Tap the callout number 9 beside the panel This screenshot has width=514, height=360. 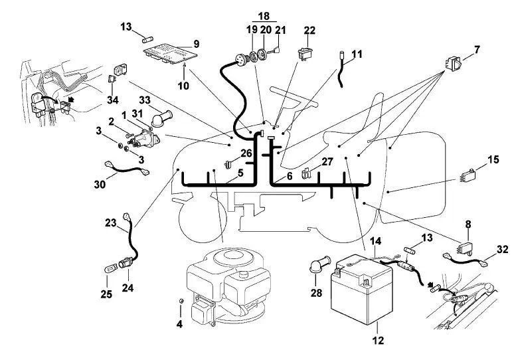point(196,44)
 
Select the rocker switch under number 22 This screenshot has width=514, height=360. point(304,54)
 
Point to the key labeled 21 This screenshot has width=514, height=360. point(275,50)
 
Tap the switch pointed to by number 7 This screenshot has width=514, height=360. point(454,64)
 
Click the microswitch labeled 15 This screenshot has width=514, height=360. point(468,175)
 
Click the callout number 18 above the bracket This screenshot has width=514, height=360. point(264,15)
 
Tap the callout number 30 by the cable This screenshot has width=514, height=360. point(100,185)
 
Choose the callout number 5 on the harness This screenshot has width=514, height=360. point(240,173)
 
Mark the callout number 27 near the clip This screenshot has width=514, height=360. point(327,161)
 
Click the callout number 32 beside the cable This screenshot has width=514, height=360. point(502,249)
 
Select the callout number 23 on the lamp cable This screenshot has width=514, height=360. point(111,223)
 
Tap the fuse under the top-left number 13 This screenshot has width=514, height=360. point(148,40)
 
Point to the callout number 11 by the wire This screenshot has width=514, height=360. point(357,54)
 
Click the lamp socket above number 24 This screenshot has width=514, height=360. point(125,263)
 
